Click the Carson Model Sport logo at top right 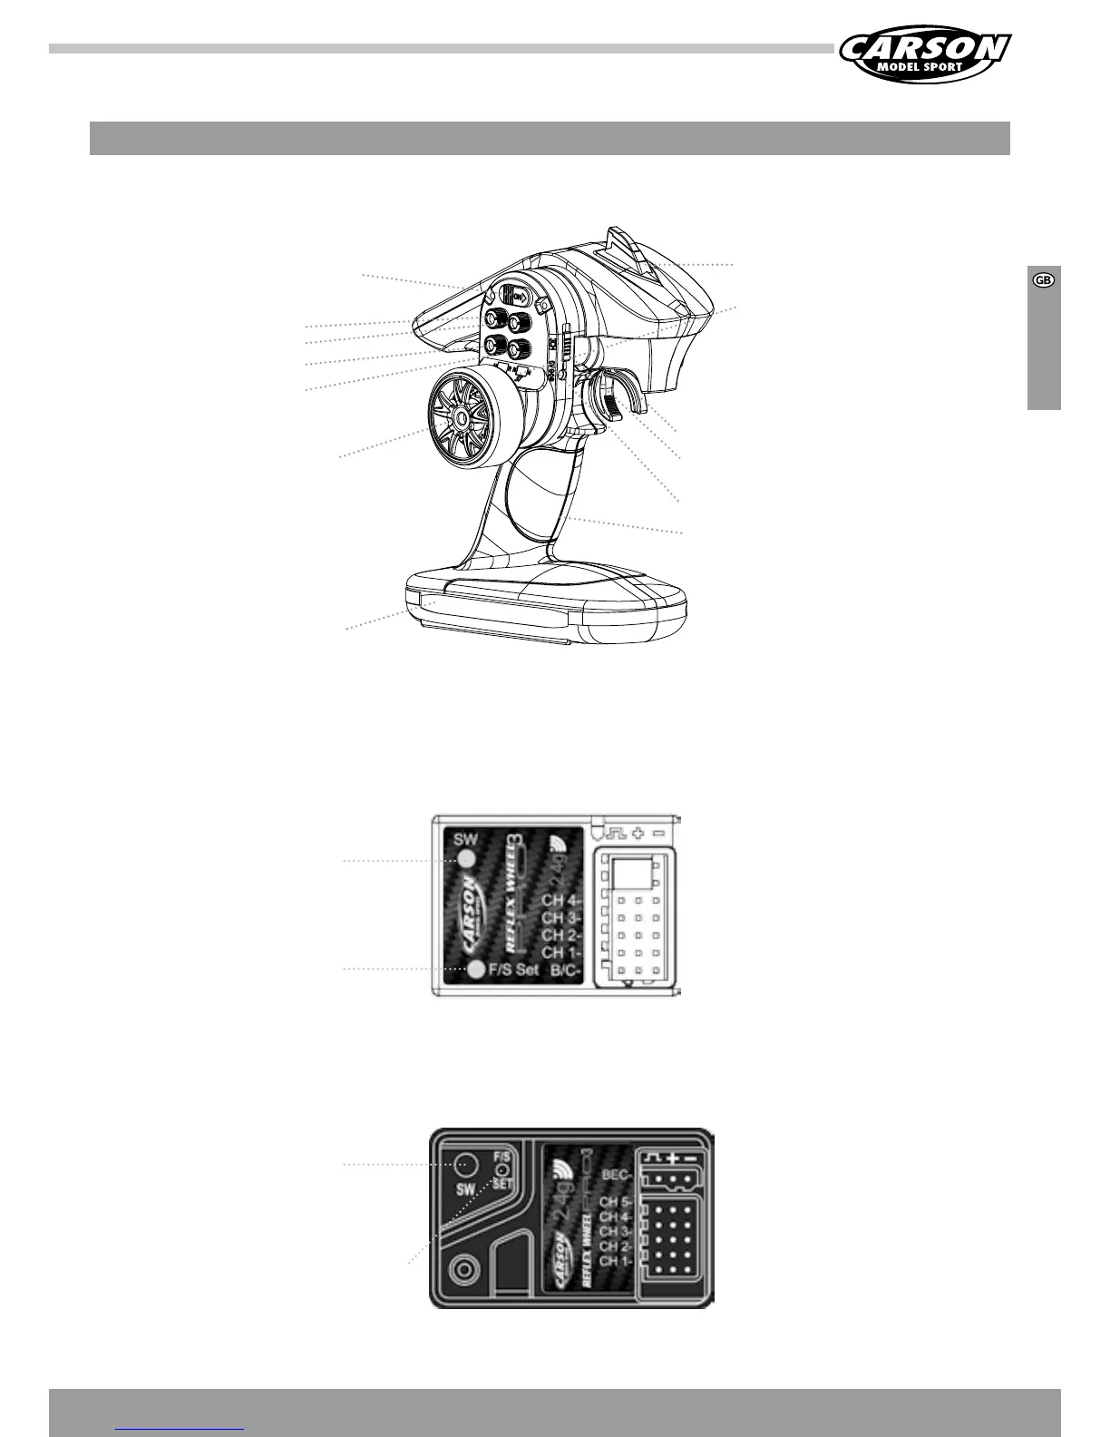[x=925, y=54]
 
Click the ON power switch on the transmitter [x=514, y=296]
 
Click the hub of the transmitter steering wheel [x=460, y=416]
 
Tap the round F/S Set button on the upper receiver [x=477, y=970]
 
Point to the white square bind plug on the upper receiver [x=632, y=874]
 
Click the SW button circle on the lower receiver [x=466, y=1163]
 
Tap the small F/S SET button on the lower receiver [x=501, y=1170]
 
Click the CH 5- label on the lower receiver [x=615, y=1202]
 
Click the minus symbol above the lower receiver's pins [x=691, y=1158]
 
